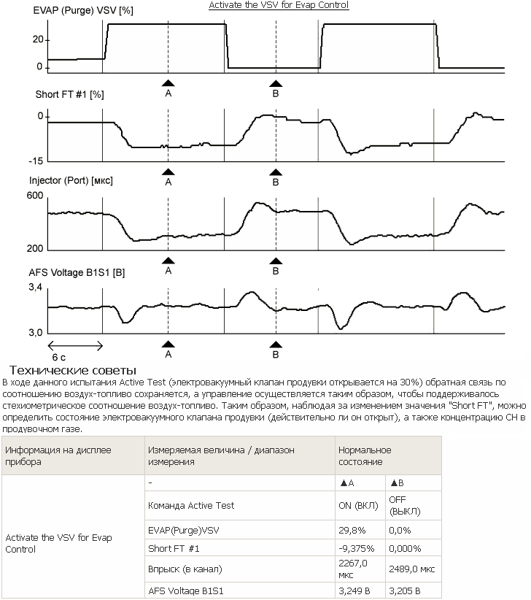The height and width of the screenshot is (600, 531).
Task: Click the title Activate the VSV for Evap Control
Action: [x=279, y=5]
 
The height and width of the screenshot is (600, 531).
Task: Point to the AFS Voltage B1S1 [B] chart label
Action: [x=76, y=272]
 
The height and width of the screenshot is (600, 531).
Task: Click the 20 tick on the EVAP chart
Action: [x=37, y=40]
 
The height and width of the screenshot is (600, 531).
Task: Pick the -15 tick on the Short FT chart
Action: [x=35, y=161]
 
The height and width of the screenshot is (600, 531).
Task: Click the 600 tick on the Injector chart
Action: [x=35, y=196]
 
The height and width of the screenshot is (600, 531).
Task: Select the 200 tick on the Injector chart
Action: [x=35, y=249]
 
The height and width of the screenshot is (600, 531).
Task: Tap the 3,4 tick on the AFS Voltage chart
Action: [x=36, y=290]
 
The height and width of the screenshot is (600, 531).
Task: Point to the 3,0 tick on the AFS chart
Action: [x=36, y=332]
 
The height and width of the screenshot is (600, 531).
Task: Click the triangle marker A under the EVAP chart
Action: [x=168, y=84]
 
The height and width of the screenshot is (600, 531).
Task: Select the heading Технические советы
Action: [x=73, y=371]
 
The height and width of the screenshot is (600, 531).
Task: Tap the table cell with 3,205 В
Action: [x=405, y=591]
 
